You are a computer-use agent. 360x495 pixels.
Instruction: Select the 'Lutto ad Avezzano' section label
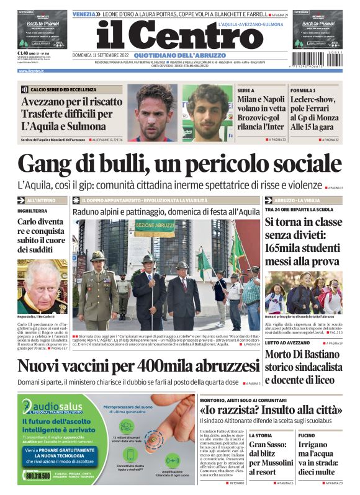click(x=286, y=342)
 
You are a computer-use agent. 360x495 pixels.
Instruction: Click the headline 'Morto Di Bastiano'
click(x=303, y=354)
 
